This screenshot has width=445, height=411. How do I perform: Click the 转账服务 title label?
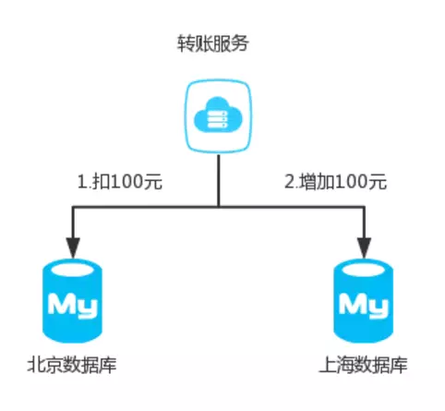pyautogui.click(x=212, y=43)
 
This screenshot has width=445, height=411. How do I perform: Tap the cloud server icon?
pyautogui.click(x=218, y=116)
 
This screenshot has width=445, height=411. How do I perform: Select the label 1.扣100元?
pyautogui.click(x=120, y=181)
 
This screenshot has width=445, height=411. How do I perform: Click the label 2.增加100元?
pyautogui.click(x=335, y=181)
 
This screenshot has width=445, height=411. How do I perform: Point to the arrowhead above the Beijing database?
pyautogui.click(x=73, y=248)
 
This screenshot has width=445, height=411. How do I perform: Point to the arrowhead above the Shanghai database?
pyautogui.click(x=365, y=248)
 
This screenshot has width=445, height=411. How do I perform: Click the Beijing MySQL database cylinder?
pyautogui.click(x=72, y=301)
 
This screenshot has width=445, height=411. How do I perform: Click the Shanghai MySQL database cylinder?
pyautogui.click(x=364, y=301)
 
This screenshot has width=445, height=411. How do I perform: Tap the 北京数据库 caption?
pyautogui.click(x=72, y=365)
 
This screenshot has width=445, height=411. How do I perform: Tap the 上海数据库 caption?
pyautogui.click(x=364, y=365)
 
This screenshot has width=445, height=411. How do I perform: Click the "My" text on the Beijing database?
pyautogui.click(x=73, y=306)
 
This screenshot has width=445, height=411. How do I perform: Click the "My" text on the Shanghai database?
pyautogui.click(x=364, y=306)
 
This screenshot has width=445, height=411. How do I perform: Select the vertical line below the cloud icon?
pyautogui.click(x=219, y=180)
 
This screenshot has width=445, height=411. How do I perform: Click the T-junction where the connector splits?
pyautogui.click(x=219, y=207)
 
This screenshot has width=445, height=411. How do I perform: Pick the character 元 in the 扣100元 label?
pyautogui.click(x=153, y=181)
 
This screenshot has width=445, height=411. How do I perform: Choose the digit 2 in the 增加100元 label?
pyautogui.click(x=290, y=182)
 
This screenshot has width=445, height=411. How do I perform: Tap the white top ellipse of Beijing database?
pyautogui.click(x=73, y=270)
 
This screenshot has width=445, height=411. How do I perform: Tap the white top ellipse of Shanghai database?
pyautogui.click(x=364, y=270)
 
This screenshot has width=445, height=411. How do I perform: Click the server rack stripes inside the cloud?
pyautogui.click(x=218, y=119)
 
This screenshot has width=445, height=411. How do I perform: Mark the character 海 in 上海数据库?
pyautogui.click(x=345, y=365)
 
